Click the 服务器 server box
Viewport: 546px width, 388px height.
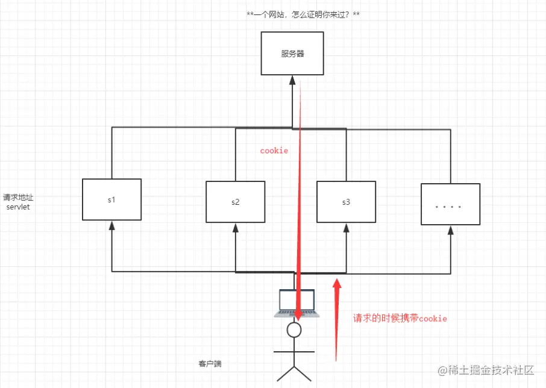coord(292,54)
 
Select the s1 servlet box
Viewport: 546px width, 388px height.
coord(111,199)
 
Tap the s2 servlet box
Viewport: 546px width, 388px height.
coord(235,202)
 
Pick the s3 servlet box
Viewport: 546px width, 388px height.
coord(346,202)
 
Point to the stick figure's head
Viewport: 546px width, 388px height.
coord(294,330)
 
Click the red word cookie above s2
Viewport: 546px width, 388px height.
coord(274,151)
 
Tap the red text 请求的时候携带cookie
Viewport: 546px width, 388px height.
coord(400,318)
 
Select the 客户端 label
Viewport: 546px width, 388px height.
coord(210,365)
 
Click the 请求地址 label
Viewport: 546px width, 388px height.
coord(17,197)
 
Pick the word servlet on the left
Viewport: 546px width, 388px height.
coord(18,207)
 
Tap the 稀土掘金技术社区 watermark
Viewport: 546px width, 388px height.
coord(486,369)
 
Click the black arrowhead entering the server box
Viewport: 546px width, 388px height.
coord(292,80)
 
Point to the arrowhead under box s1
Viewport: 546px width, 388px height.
coord(111,226)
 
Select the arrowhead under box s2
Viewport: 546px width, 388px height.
coord(235,229)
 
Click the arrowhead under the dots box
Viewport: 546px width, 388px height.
coord(450,230)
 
